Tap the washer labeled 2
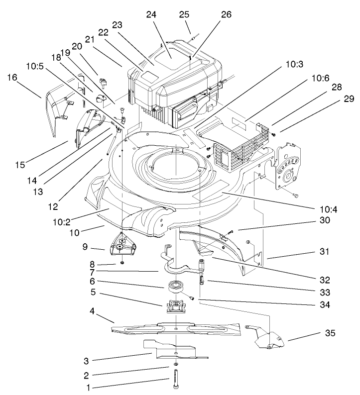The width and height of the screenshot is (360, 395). pyautogui.click(x=177, y=367)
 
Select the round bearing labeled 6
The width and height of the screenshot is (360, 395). pyautogui.click(x=175, y=287)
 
